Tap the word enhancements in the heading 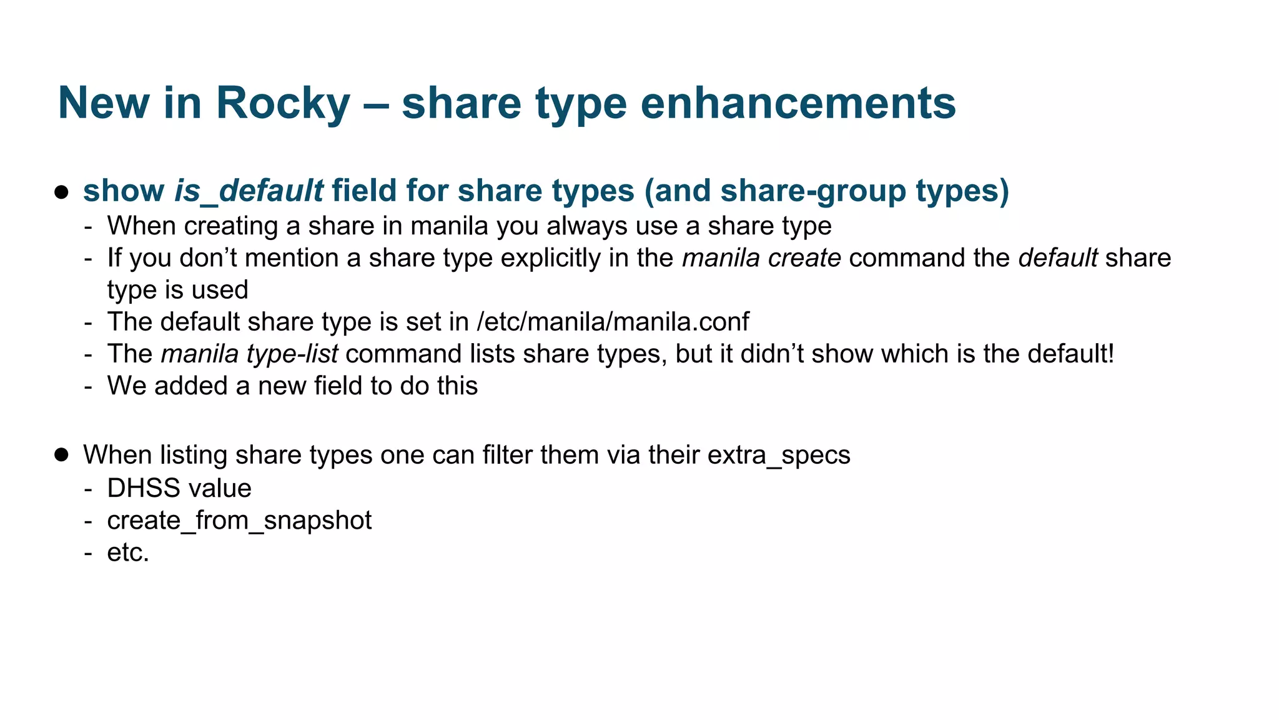(798, 103)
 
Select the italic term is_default (249, 191)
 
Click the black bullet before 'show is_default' (61, 191)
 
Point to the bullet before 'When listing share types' (61, 454)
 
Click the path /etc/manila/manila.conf (613, 322)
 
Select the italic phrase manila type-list (249, 354)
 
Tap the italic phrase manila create (761, 258)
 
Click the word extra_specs (779, 455)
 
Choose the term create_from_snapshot (239, 521)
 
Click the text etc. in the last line (128, 552)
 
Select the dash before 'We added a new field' (89, 386)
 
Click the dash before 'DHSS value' (89, 489)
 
